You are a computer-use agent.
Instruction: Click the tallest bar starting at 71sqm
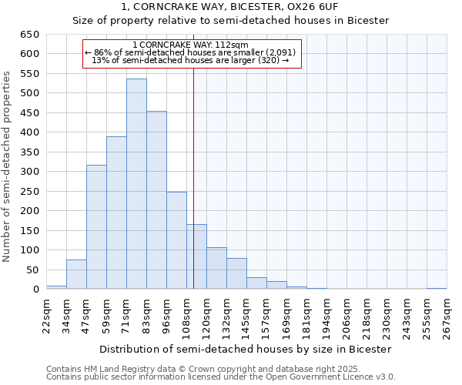pos(136,185)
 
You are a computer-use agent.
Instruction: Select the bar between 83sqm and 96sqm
pos(156,200)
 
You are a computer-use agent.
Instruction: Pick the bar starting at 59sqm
pos(116,213)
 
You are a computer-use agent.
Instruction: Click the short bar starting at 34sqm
pos(76,275)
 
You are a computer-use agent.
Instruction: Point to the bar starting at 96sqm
pos(176,240)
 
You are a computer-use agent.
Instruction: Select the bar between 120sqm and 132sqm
pos(216,269)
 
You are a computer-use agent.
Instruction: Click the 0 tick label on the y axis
pos(35,290)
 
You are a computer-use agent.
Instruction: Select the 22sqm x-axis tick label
pos(46,313)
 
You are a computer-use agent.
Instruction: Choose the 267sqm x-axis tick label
pos(447,313)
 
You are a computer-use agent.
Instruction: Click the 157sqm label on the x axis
pos(266,313)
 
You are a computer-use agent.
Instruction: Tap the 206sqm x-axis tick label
pos(346,313)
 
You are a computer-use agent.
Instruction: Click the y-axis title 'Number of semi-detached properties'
pos(8,166)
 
